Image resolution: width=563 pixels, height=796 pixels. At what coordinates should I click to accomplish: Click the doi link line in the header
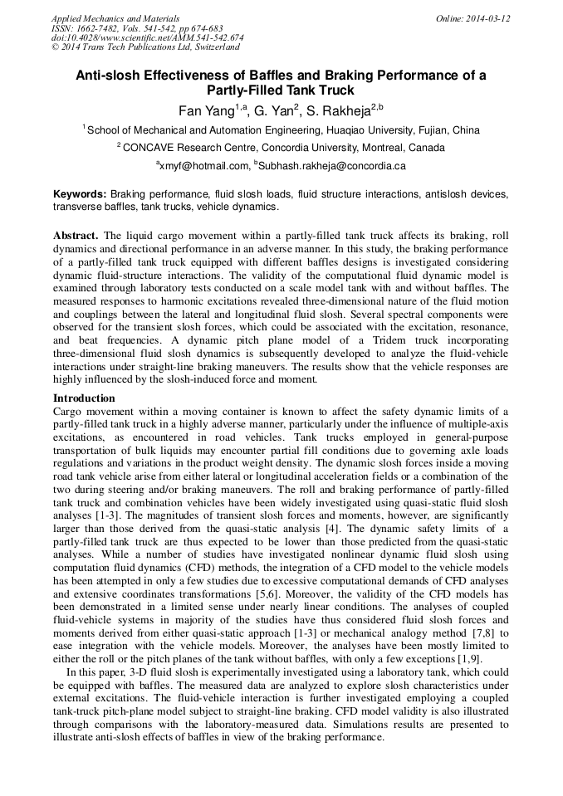147,37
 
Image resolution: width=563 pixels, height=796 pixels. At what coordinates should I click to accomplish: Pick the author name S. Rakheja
339,110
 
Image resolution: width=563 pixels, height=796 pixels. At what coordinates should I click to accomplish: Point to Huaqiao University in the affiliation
383,130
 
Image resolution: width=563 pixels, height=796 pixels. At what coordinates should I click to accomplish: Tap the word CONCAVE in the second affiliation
155,148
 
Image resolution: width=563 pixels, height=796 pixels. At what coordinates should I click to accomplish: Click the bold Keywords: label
81,193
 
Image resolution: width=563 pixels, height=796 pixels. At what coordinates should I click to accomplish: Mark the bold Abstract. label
76,236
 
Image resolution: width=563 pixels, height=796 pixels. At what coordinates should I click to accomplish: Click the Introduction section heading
84,398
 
